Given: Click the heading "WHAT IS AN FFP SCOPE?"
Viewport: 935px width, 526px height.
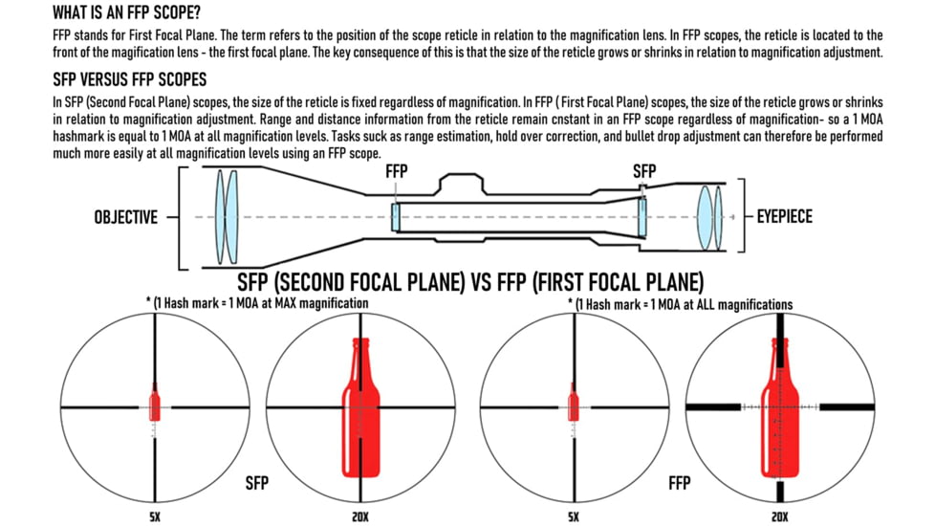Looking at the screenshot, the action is (126, 12).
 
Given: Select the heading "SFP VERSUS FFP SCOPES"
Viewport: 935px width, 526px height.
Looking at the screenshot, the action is (129, 79).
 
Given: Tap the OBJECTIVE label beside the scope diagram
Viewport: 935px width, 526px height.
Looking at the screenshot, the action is (126, 217).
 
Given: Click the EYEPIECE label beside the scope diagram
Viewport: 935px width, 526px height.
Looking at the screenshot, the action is (784, 216).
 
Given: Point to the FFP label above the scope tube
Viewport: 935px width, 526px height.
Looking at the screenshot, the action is (397, 172).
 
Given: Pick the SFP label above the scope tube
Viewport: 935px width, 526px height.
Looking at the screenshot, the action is (644, 172).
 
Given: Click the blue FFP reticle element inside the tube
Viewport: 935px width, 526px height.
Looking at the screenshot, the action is (396, 217).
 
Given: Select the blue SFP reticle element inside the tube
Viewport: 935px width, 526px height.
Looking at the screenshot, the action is (641, 217).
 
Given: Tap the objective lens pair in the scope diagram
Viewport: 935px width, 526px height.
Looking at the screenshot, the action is (227, 217).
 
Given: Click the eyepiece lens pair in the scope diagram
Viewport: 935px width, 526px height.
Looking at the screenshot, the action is (709, 217).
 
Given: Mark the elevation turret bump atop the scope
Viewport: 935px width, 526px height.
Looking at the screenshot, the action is (460, 183).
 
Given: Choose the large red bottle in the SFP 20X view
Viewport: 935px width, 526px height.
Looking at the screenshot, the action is (360, 408).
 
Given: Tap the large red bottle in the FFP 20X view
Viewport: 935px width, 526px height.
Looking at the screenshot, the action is (780, 408).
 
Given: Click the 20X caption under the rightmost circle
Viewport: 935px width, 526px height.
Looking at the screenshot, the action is (779, 517).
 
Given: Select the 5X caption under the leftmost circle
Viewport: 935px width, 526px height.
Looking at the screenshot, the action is (155, 517).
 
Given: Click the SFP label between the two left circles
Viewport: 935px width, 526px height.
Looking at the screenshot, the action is (257, 482).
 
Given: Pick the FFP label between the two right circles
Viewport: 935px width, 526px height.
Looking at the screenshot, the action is (679, 482).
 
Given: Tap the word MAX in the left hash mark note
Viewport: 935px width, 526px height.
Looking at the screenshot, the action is (285, 303).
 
